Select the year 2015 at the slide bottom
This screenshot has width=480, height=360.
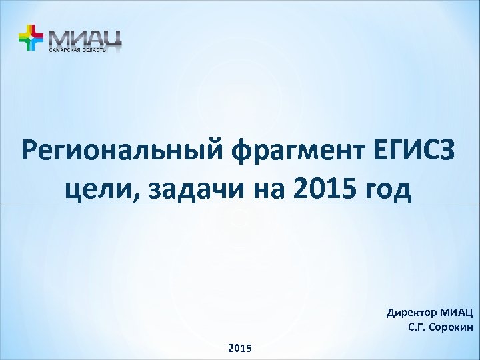pos(240,348)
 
